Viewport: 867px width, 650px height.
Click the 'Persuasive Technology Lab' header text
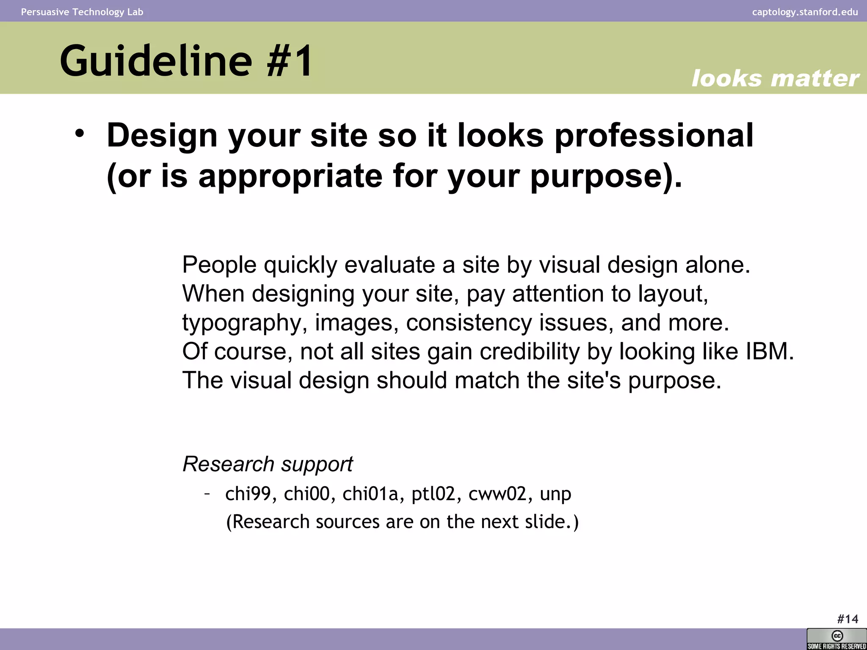coord(82,12)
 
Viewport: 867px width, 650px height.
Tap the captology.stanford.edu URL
coord(805,12)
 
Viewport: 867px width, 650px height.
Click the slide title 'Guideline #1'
coord(186,61)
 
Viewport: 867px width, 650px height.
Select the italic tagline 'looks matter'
coord(775,79)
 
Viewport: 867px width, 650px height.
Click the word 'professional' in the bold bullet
coord(654,136)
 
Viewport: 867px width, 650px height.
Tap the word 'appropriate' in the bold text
coord(290,176)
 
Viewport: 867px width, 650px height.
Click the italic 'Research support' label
coord(268,464)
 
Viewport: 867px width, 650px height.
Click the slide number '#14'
coord(848,619)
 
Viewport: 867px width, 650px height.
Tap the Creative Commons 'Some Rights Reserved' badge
coord(837,639)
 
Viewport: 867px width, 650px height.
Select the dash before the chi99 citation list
coord(207,493)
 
